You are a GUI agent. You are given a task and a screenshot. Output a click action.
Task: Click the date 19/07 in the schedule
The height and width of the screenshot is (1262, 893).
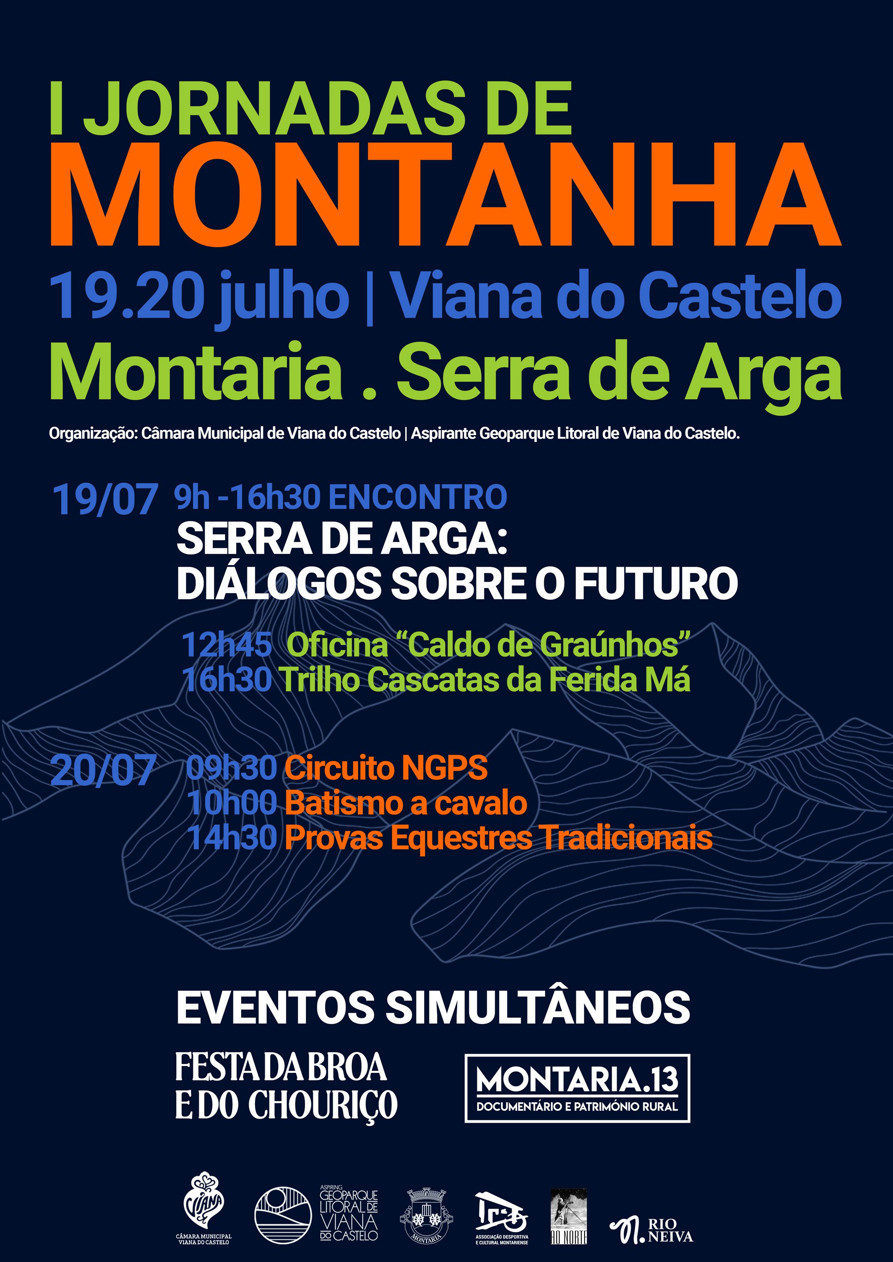[105, 499]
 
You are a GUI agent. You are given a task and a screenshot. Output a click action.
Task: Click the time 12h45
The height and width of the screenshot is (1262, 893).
[226, 645]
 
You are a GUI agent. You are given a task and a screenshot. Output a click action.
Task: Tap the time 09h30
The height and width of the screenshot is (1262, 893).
[231, 767]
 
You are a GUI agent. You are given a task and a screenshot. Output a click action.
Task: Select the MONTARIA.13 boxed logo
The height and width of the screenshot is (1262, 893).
[577, 1088]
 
